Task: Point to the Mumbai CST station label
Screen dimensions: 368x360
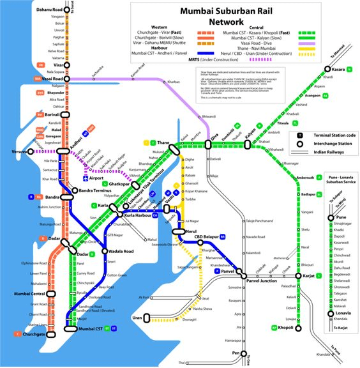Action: click(x=90, y=328)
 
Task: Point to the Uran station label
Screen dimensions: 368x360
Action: click(x=137, y=318)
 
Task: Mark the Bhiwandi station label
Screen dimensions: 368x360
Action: click(x=209, y=117)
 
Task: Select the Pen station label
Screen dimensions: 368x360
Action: click(x=236, y=353)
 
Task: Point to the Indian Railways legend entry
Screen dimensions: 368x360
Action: click(x=323, y=153)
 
